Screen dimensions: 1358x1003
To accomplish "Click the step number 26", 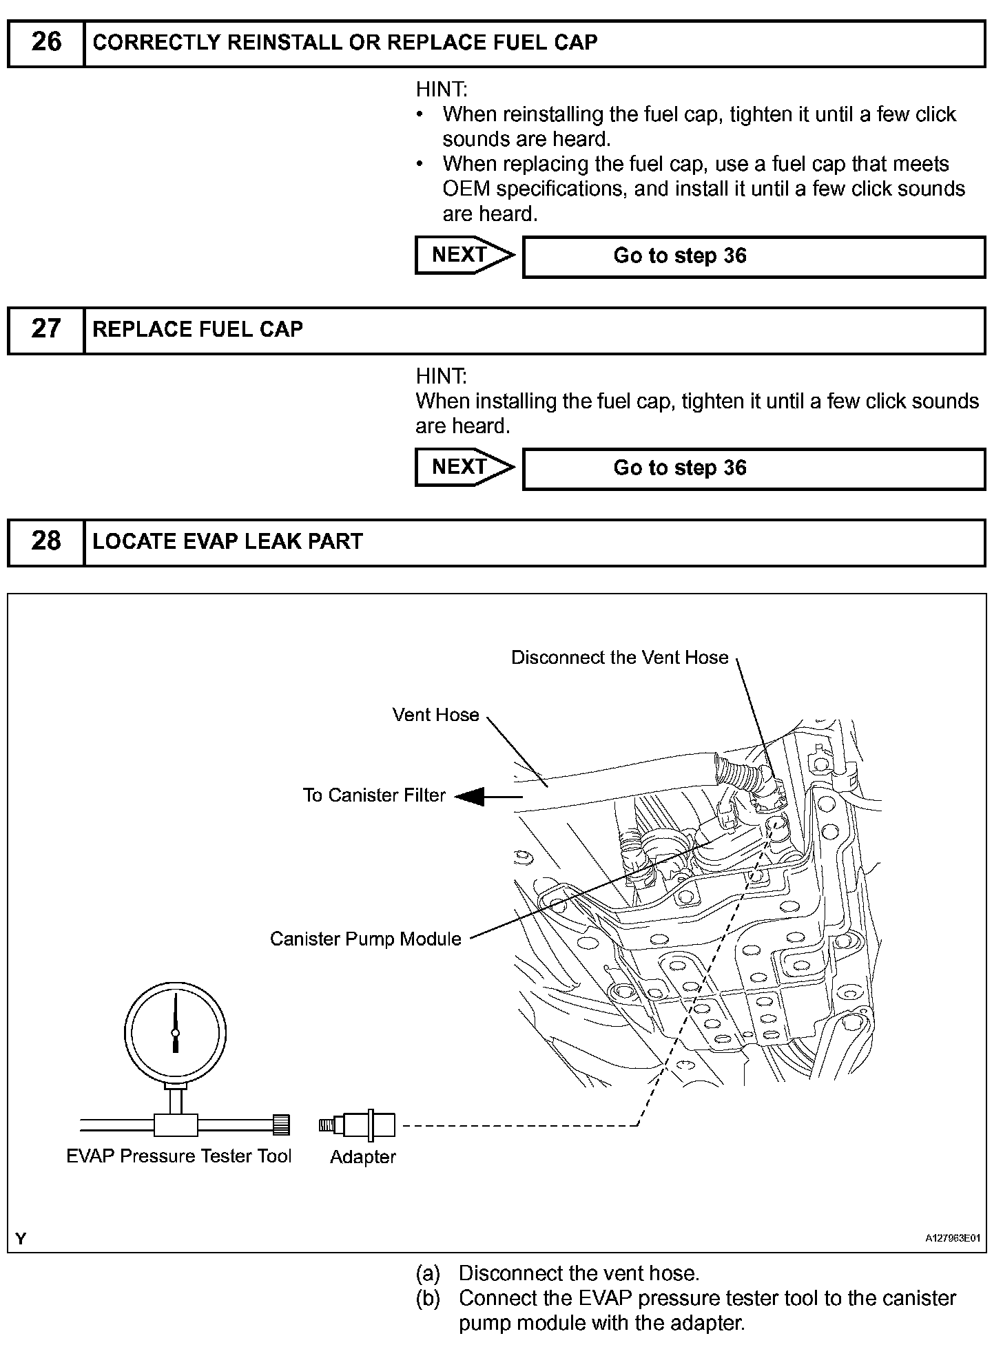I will [46, 42].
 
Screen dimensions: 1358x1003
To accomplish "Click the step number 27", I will [46, 328].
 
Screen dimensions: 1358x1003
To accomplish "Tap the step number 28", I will [46, 541].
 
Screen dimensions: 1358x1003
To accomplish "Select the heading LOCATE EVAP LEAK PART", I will [227, 541].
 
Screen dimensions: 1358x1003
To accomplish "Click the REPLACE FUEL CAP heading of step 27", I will [198, 329].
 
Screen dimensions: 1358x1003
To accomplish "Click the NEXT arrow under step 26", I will [464, 255].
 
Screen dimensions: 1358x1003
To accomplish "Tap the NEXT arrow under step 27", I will [464, 467].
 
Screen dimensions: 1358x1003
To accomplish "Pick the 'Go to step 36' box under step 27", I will [754, 468].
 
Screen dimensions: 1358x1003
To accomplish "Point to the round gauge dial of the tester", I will [175, 1032].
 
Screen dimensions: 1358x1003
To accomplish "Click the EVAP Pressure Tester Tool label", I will [179, 1156].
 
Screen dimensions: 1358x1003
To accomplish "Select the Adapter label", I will [363, 1157].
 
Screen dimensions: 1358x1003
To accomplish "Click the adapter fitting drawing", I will [358, 1125].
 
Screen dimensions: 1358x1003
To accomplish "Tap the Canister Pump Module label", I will [365, 939].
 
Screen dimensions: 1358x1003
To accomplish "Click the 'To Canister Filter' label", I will [374, 795].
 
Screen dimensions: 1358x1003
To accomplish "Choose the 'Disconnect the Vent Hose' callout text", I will [619, 658].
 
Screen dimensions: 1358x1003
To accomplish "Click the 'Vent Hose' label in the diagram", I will [435, 715].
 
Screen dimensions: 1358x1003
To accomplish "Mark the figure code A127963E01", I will [952, 1238].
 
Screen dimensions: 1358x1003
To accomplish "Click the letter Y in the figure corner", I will [21, 1239].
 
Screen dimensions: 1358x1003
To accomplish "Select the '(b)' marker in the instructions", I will [428, 1298].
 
